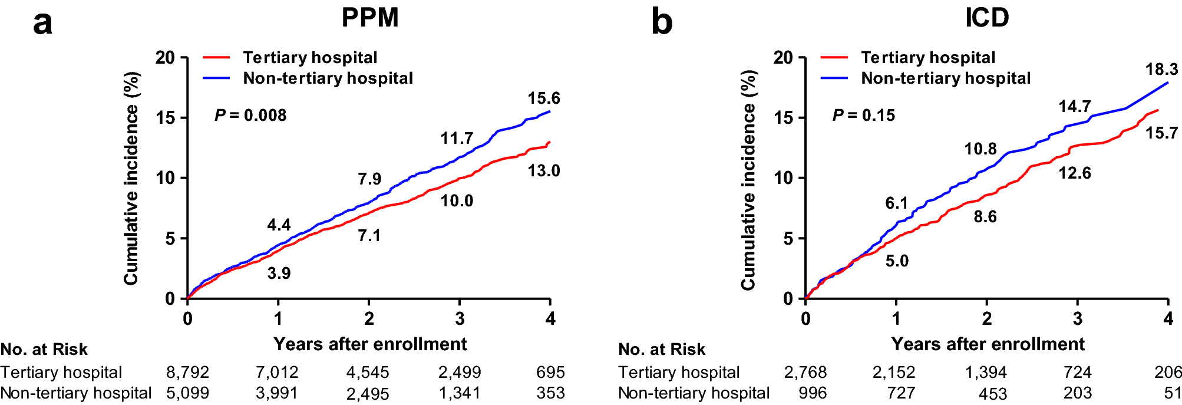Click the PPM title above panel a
[x=370, y=18]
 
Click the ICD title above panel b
[x=987, y=18]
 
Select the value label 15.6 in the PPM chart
[x=543, y=98]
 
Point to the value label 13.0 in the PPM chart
[x=543, y=171]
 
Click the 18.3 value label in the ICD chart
[x=1161, y=70]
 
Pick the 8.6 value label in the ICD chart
[x=985, y=217]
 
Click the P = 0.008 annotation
[x=250, y=115]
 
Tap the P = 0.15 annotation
[x=863, y=115]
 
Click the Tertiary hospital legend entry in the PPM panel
[x=310, y=58]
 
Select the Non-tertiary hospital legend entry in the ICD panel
[x=945, y=78]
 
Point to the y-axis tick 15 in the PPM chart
[x=166, y=118]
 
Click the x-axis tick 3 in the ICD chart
[x=1078, y=319]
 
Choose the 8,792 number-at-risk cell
[x=187, y=373]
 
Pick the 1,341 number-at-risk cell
[x=460, y=393]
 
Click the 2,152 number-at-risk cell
[x=894, y=373]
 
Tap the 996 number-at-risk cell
[x=813, y=393]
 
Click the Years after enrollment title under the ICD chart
[x=988, y=344]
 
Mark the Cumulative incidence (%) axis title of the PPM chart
[x=131, y=178]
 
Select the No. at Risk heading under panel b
[x=662, y=350]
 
